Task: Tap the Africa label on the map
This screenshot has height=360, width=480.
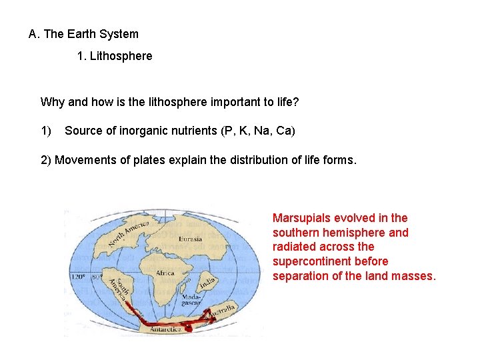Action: [x=165, y=273]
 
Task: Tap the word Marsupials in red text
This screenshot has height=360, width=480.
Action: [x=302, y=218]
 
